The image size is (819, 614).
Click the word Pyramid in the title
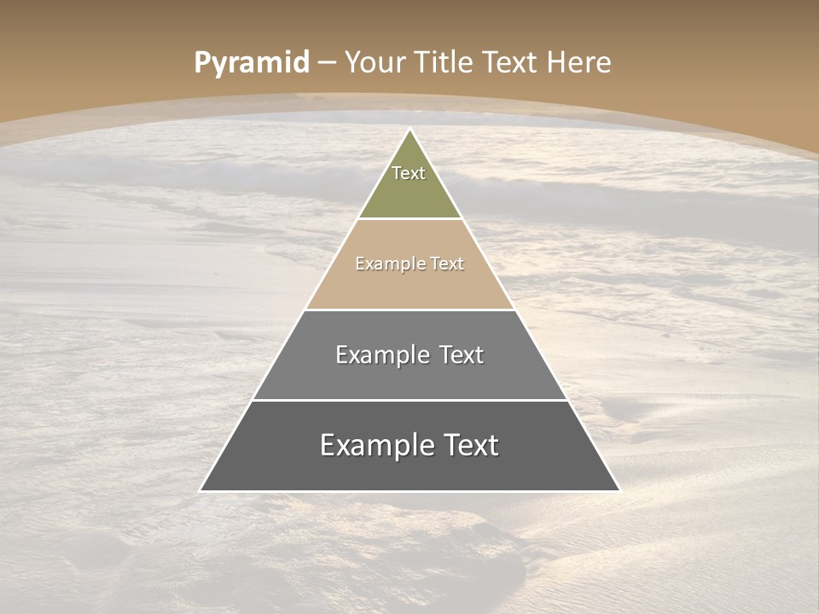pos(251,62)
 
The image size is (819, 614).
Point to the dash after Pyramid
pos(327,63)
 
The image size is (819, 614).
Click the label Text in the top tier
pos(409,173)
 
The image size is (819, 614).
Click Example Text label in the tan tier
pos(409,264)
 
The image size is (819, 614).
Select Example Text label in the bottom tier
pos(409,445)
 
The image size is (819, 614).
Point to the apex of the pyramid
pos(410,130)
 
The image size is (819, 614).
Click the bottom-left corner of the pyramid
pos(201,490)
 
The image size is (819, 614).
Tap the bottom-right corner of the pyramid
pos(619,490)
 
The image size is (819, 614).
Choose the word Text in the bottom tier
pos(468,445)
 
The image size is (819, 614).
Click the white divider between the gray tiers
pos(409,400)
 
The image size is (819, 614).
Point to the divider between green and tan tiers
pos(409,218)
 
